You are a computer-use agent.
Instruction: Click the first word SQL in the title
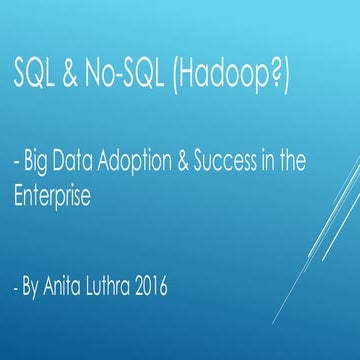pos(35,74)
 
